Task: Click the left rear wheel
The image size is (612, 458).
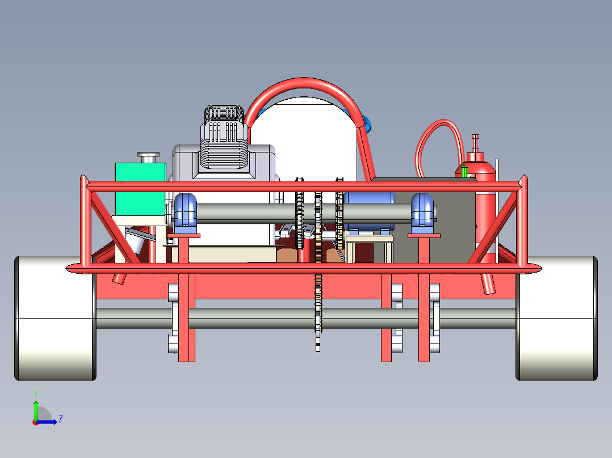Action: click(x=56, y=318)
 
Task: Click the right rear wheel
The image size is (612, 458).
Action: click(x=556, y=318)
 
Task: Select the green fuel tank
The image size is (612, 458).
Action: click(x=140, y=189)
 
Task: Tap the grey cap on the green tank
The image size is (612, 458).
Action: click(x=148, y=157)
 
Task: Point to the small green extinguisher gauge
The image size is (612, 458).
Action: click(x=464, y=172)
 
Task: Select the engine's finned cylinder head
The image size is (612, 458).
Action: click(x=224, y=138)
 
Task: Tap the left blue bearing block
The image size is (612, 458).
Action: click(x=186, y=213)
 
